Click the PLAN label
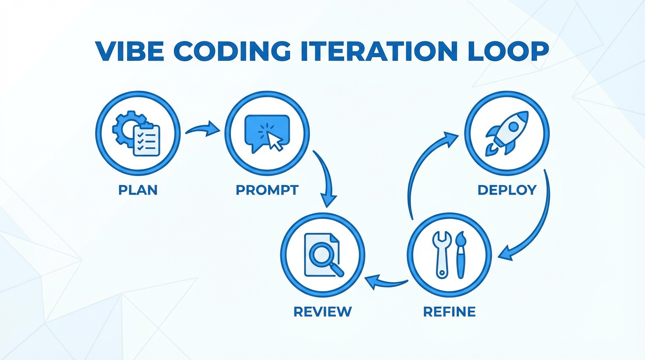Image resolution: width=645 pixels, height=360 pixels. (x=137, y=190)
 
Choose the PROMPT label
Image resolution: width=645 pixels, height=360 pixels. (x=267, y=190)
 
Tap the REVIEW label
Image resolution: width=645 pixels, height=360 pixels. (x=322, y=311)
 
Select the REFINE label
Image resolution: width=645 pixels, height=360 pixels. (x=449, y=311)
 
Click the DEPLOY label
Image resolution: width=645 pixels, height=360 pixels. (x=507, y=190)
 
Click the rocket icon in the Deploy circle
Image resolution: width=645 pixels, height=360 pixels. (x=507, y=132)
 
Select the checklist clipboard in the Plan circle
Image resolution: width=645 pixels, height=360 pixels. (x=146, y=140)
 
